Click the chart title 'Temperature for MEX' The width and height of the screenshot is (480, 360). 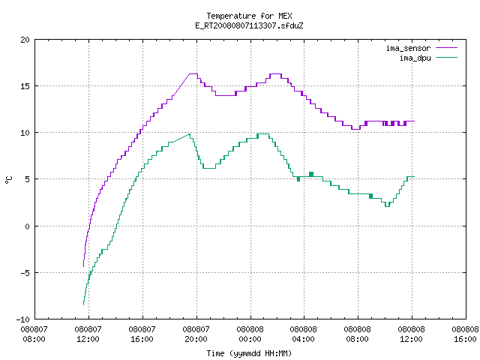(x=249, y=16)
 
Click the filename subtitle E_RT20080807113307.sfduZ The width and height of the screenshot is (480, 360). (x=249, y=25)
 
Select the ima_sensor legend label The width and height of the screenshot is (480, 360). (x=408, y=48)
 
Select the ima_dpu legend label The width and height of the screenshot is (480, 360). (x=415, y=58)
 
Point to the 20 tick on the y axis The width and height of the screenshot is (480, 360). (x=25, y=40)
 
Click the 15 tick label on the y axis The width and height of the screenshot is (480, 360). (x=25, y=86)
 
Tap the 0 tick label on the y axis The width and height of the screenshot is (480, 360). (x=28, y=226)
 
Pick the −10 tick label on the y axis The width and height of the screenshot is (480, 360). (x=23, y=319)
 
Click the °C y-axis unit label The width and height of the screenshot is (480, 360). (x=9, y=180)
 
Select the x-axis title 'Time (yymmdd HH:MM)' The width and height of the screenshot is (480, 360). (x=249, y=353)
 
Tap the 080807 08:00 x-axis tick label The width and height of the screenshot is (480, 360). (x=34, y=334)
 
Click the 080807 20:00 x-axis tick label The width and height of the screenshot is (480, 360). (x=196, y=334)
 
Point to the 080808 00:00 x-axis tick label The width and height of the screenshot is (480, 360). (x=250, y=334)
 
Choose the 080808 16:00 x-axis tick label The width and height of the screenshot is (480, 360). (x=465, y=334)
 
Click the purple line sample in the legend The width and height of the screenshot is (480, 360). (x=447, y=48)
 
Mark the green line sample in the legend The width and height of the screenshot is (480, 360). (x=447, y=58)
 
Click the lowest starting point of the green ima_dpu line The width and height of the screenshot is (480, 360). (x=83, y=304)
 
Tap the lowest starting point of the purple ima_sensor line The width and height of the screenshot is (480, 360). (x=83, y=266)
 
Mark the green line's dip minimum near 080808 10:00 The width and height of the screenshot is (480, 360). (x=387, y=206)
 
